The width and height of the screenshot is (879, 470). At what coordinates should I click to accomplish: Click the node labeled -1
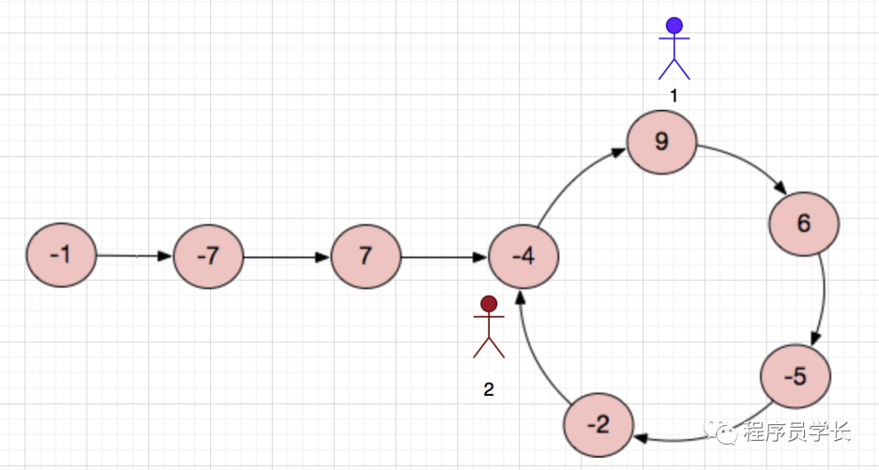click(x=61, y=255)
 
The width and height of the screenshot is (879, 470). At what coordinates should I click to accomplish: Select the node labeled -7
click(x=208, y=256)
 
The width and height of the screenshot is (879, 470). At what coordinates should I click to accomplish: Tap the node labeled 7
click(x=365, y=256)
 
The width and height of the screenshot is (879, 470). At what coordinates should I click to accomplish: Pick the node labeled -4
click(x=523, y=256)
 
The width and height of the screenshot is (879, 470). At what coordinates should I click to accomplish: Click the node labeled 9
click(x=662, y=143)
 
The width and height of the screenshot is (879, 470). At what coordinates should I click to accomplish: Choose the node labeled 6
click(x=804, y=224)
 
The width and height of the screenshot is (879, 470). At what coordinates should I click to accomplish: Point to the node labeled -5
click(x=795, y=376)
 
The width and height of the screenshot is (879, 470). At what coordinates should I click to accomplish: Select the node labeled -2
click(x=598, y=425)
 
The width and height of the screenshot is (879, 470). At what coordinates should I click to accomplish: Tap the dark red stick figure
click(x=488, y=327)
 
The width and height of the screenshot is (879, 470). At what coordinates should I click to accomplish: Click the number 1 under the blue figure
click(x=673, y=96)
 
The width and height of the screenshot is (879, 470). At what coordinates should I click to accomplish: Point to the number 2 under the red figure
click(x=488, y=389)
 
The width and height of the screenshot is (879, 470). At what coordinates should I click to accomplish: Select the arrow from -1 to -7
click(x=134, y=256)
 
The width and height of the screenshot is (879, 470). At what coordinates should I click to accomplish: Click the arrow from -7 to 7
click(x=286, y=257)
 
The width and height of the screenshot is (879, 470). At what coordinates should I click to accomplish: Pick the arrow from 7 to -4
click(x=444, y=257)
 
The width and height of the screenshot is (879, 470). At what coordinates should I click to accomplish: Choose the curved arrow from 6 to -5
click(x=824, y=301)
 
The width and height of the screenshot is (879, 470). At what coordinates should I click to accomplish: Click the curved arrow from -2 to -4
click(x=533, y=350)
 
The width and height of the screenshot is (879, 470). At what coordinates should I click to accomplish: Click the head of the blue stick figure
click(x=674, y=25)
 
